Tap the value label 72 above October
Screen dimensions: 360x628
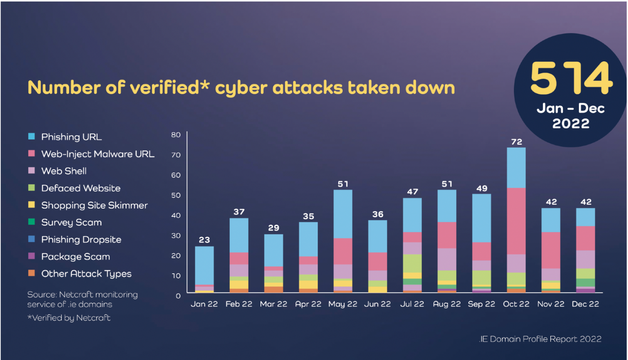[516, 142]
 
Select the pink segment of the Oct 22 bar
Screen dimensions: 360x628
[516, 221]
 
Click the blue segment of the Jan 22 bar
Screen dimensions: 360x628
[204, 265]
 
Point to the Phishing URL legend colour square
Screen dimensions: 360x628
[31, 136]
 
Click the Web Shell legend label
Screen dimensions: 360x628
[64, 171]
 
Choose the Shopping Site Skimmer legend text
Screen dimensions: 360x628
[94, 205]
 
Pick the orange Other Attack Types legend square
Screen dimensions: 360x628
[31, 273]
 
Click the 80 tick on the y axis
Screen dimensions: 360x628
[176, 135]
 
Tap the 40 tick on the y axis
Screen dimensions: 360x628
[176, 216]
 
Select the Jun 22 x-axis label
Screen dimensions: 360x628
[377, 304]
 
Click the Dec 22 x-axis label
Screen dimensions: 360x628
[585, 304]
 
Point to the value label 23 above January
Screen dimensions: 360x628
[204, 240]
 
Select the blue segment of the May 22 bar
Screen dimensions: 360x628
[343, 214]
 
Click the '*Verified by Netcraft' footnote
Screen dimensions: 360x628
[69, 318]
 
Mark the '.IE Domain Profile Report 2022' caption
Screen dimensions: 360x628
[540, 339]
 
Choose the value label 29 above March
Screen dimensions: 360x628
[274, 228]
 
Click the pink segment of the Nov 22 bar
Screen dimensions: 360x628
[551, 250]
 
